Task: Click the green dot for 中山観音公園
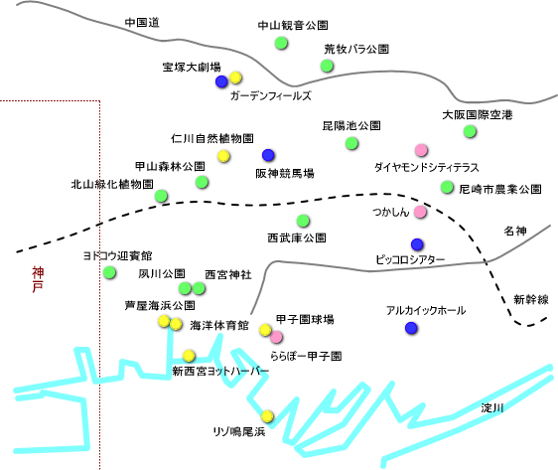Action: click(281, 43)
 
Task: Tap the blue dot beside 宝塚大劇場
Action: click(221, 81)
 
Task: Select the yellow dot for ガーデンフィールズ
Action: click(235, 78)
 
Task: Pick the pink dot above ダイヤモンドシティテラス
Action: click(421, 150)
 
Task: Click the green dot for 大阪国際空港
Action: click(470, 131)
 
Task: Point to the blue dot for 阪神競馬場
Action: click(268, 155)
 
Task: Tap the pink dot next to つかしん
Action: click(420, 212)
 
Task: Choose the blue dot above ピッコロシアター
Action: click(417, 244)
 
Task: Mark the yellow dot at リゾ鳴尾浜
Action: click(267, 416)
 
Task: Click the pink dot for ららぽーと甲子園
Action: click(276, 337)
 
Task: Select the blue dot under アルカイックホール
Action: click(411, 328)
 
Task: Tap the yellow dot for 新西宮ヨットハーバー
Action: click(189, 356)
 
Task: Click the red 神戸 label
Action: click(38, 279)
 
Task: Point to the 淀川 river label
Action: click(492, 407)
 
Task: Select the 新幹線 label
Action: click(531, 299)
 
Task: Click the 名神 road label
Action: click(515, 232)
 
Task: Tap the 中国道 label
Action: click(142, 23)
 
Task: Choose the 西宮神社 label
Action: click(228, 274)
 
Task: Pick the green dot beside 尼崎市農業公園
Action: click(447, 187)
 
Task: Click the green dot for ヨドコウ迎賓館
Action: click(109, 272)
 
